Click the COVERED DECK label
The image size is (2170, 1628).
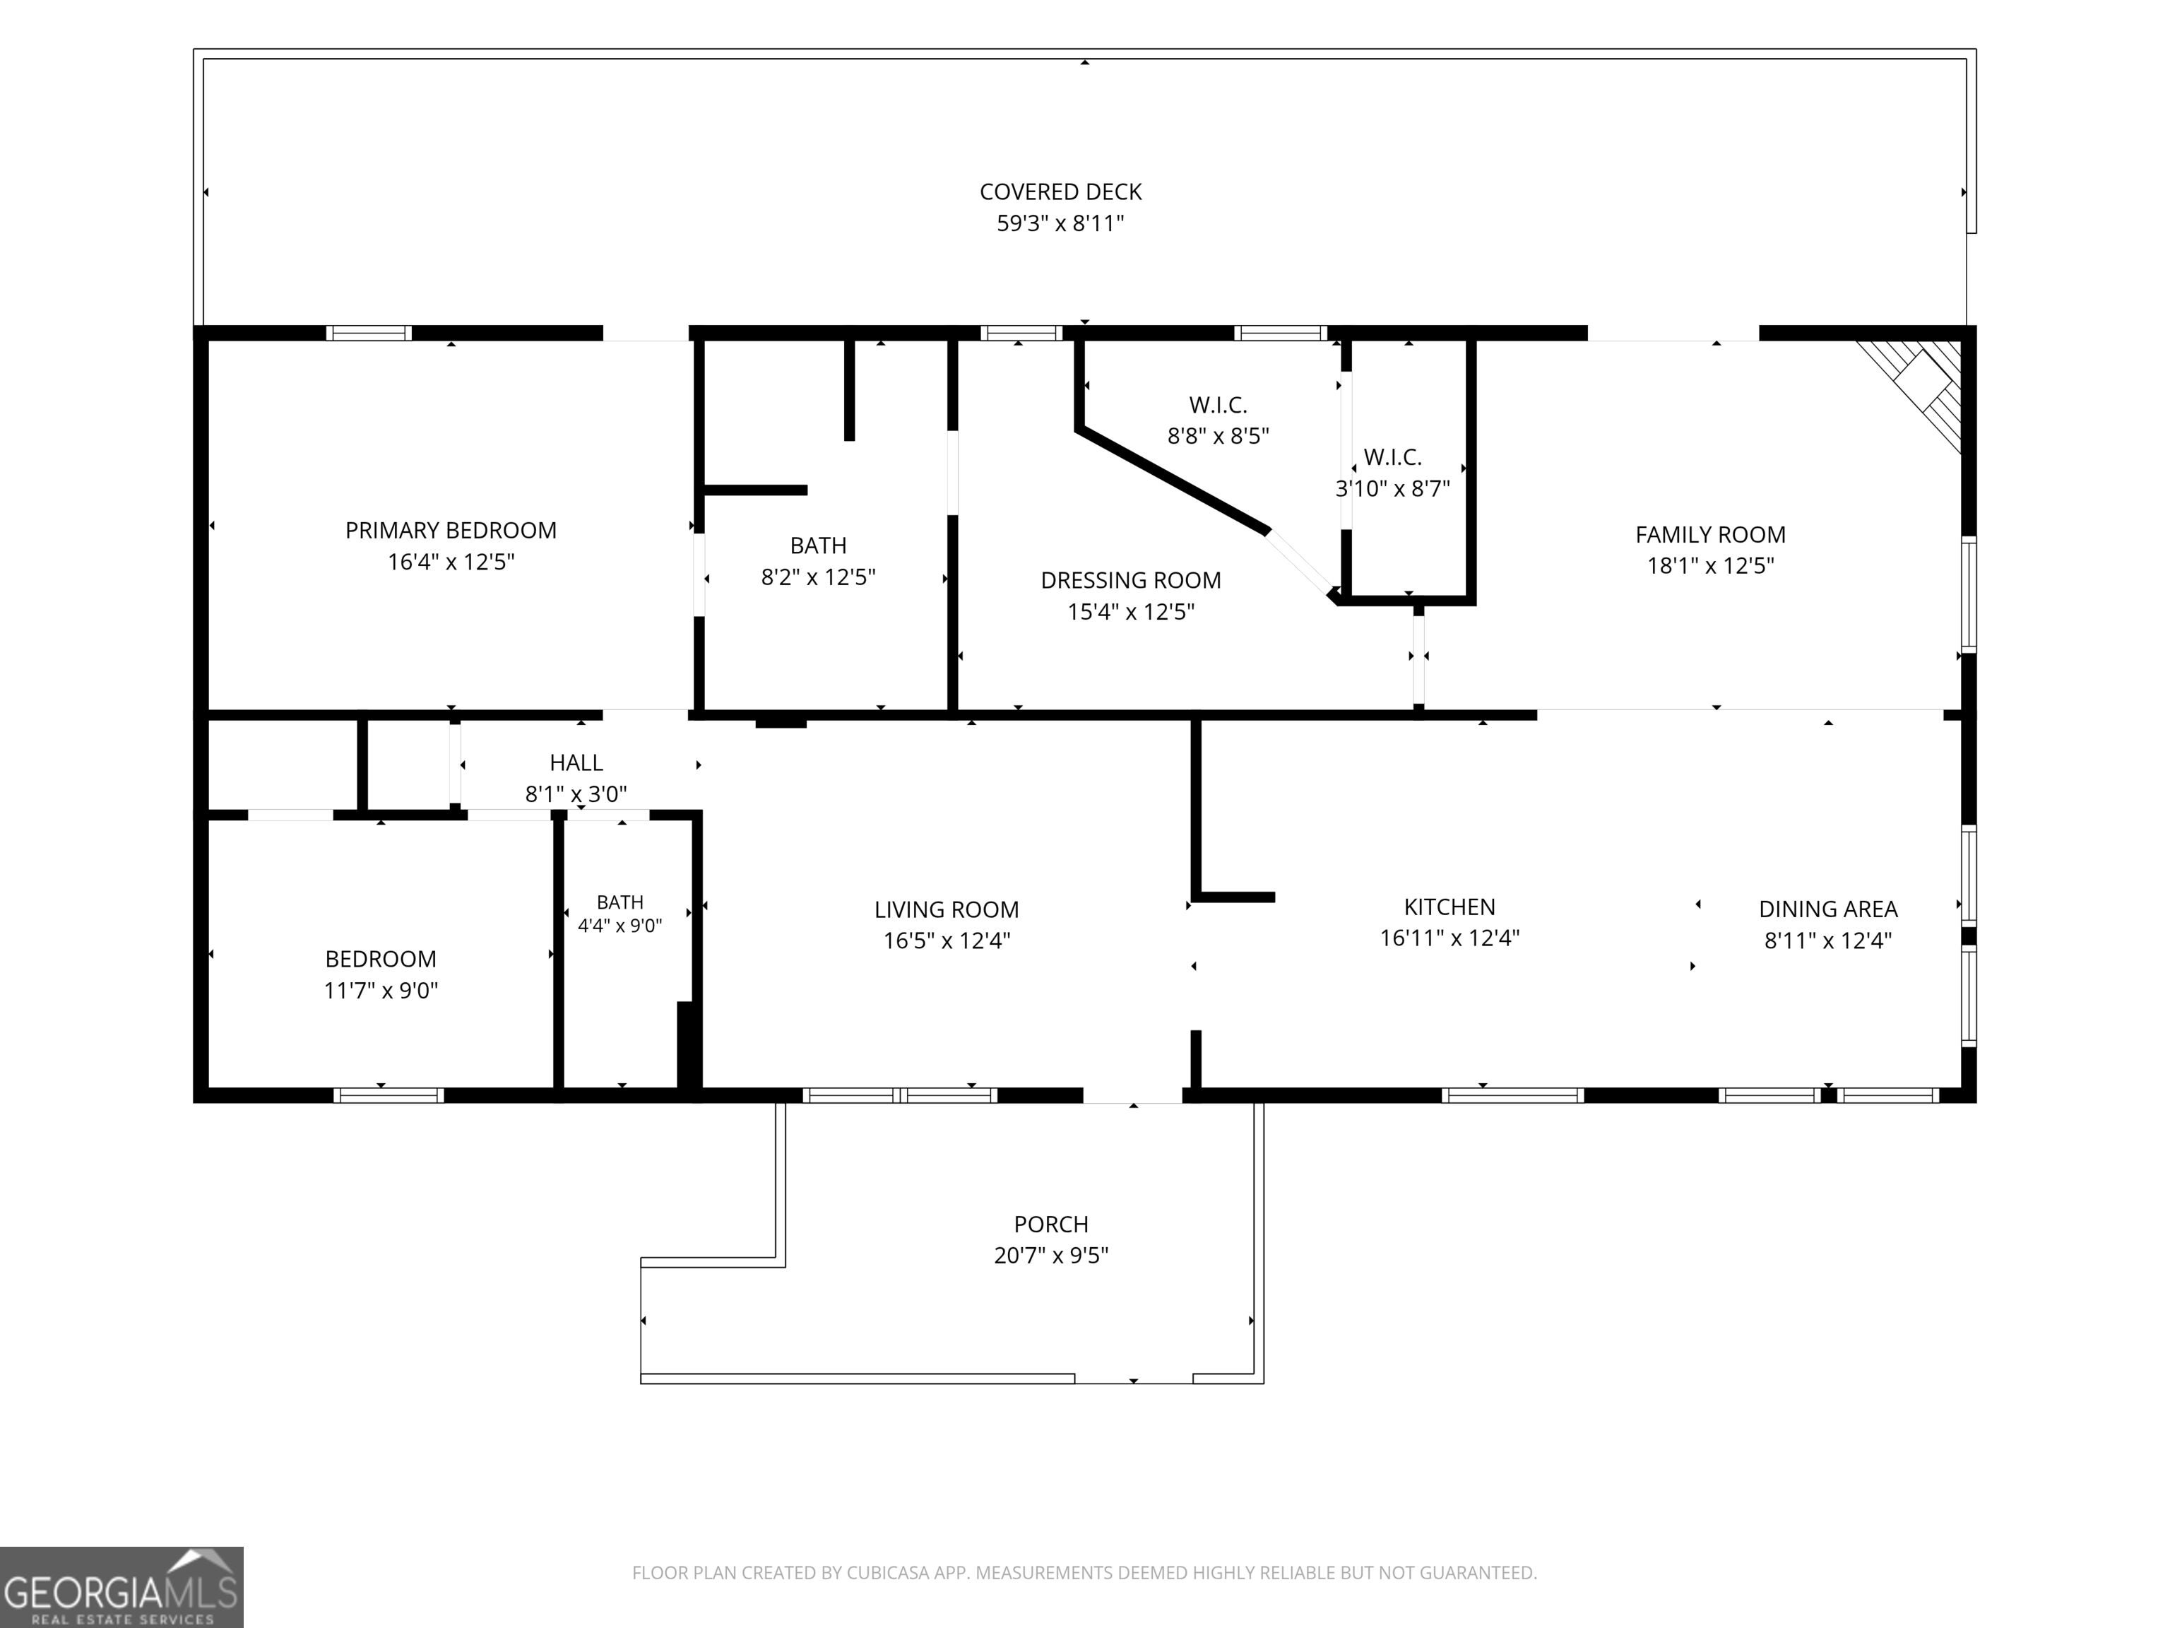1060,191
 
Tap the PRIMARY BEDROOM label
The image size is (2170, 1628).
450,530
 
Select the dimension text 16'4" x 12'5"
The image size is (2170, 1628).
450,561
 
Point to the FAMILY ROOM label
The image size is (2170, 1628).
1710,534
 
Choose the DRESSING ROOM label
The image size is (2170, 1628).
1130,580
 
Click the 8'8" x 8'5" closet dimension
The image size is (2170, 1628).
1217,435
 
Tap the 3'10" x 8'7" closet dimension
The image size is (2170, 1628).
1392,488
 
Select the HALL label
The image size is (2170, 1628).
576,762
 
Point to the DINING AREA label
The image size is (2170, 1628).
1827,909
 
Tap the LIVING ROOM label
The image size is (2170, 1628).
946,909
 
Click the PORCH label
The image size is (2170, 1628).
1050,1224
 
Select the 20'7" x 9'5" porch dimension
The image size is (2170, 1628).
1050,1255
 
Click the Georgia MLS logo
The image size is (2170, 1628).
121,1588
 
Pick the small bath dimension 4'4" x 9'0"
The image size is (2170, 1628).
620,926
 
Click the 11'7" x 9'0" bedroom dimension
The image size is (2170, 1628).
381,990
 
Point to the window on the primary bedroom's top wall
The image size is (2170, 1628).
369,333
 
